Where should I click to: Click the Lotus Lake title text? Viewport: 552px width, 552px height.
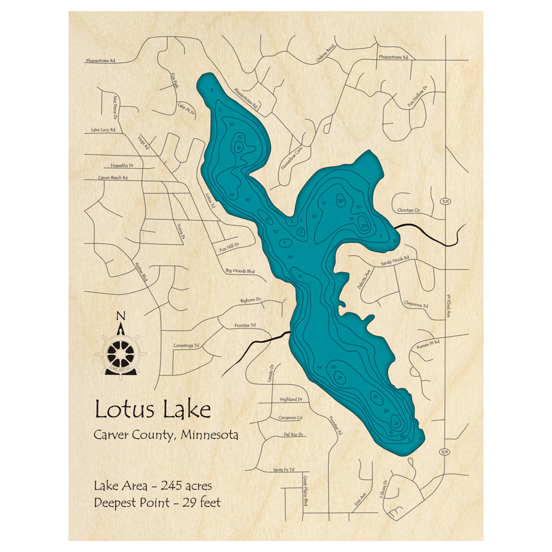coord(152,410)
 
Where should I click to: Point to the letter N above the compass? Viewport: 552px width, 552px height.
coord(121,316)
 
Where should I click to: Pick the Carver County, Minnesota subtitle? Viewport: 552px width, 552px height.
coord(166,435)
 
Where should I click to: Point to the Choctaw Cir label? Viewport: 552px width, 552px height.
coord(409,210)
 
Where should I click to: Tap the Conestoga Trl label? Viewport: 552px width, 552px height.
coord(186,346)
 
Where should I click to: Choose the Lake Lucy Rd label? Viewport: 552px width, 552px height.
coord(103,130)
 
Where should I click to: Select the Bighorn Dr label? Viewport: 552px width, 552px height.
coord(250,300)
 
